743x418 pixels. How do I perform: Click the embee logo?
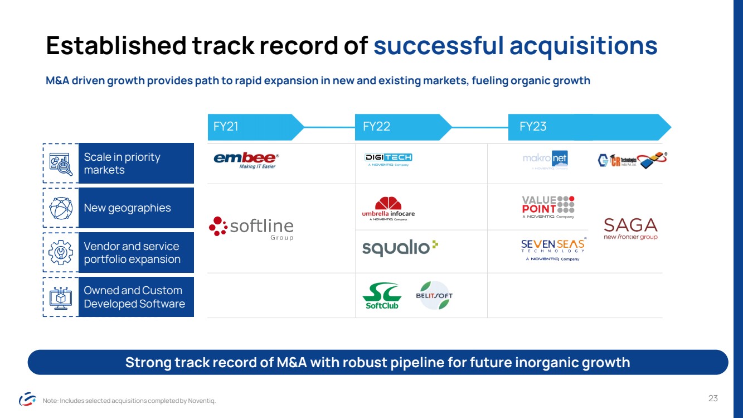pyautogui.click(x=245, y=161)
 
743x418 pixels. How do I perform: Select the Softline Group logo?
pyautogui.click(x=251, y=228)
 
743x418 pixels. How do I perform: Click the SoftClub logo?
pyautogui.click(x=382, y=296)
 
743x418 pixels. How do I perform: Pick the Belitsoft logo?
pyautogui.click(x=434, y=296)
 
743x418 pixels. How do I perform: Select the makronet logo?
pyautogui.click(x=545, y=160)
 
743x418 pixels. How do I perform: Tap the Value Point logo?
pyautogui.click(x=548, y=207)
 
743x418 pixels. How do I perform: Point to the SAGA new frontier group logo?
pyautogui.click(x=630, y=229)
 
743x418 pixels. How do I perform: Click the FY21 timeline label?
pyautogui.click(x=226, y=127)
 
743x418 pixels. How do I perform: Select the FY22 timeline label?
pyautogui.click(x=376, y=127)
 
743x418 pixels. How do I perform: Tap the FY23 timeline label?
pyautogui.click(x=533, y=127)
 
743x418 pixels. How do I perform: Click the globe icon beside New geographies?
pyautogui.click(x=61, y=208)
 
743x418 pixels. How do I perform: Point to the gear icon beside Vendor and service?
pyautogui.click(x=61, y=253)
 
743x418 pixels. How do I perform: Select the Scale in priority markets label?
pyautogui.click(x=122, y=164)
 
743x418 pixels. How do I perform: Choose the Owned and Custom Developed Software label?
pyautogui.click(x=134, y=297)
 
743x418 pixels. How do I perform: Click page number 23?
pyautogui.click(x=713, y=398)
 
